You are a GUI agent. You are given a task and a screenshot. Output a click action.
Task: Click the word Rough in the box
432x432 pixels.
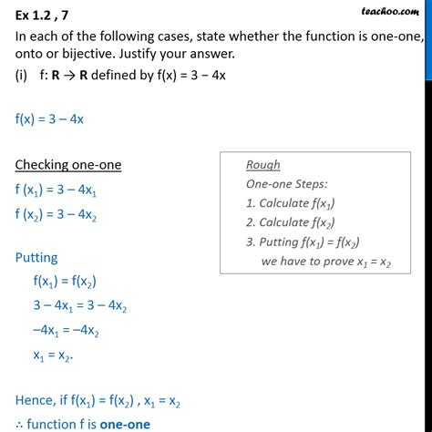tap(263, 165)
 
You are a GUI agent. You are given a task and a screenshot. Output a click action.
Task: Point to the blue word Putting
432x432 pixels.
tap(39, 258)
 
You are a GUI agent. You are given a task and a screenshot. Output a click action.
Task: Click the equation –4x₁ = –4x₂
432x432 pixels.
tap(80, 329)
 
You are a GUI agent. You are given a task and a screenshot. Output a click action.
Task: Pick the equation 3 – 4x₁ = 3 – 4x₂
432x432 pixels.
tap(80, 305)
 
